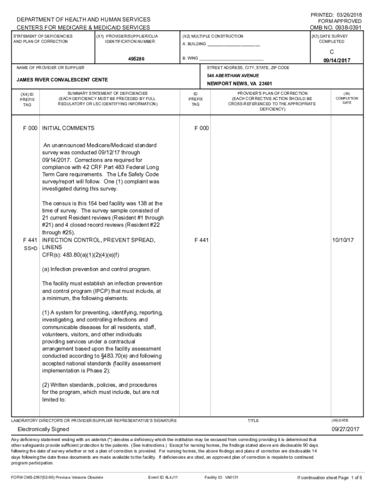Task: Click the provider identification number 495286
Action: click(x=136, y=58)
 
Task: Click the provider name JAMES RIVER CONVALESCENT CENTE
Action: click(x=62, y=80)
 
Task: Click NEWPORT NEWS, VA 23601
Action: click(x=240, y=84)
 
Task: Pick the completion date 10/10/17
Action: click(x=343, y=240)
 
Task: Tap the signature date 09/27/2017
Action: click(x=346, y=429)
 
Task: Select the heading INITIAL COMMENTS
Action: click(x=68, y=128)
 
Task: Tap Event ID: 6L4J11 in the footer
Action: click(x=164, y=477)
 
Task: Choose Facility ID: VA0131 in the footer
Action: click(x=221, y=477)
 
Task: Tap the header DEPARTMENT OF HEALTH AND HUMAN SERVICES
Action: click(x=83, y=20)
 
